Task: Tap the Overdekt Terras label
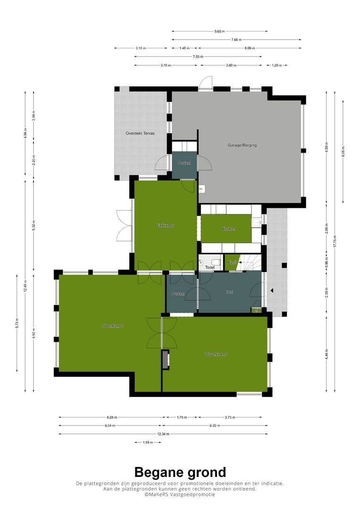(140, 133)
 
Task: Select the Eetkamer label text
(166, 225)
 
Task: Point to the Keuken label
(229, 229)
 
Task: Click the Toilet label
(210, 267)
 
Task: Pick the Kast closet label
(232, 262)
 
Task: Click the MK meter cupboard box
(257, 311)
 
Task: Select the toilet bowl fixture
(215, 261)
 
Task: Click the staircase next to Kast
(249, 263)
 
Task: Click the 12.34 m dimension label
(163, 434)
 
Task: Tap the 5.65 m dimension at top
(219, 31)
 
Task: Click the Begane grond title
(180, 472)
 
